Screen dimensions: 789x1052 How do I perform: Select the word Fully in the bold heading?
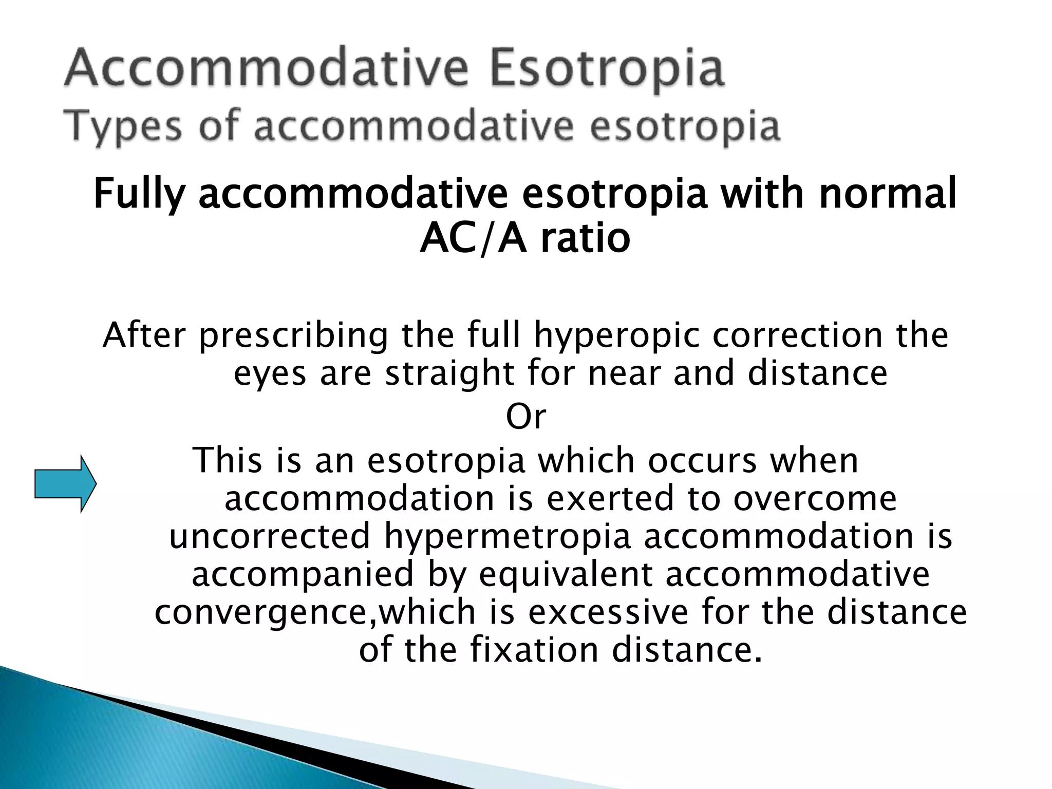[139, 194]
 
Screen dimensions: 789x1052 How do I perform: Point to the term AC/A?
[473, 239]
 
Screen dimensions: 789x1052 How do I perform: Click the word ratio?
[586, 239]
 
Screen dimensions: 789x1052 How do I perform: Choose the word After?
[144, 335]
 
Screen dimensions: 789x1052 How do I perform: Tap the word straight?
[450, 374]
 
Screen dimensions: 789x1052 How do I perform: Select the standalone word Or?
[525, 417]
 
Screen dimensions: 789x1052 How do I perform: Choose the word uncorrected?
[270, 536]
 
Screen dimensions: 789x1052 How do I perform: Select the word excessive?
[608, 612]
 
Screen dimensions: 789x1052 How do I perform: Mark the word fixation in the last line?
[534, 650]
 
